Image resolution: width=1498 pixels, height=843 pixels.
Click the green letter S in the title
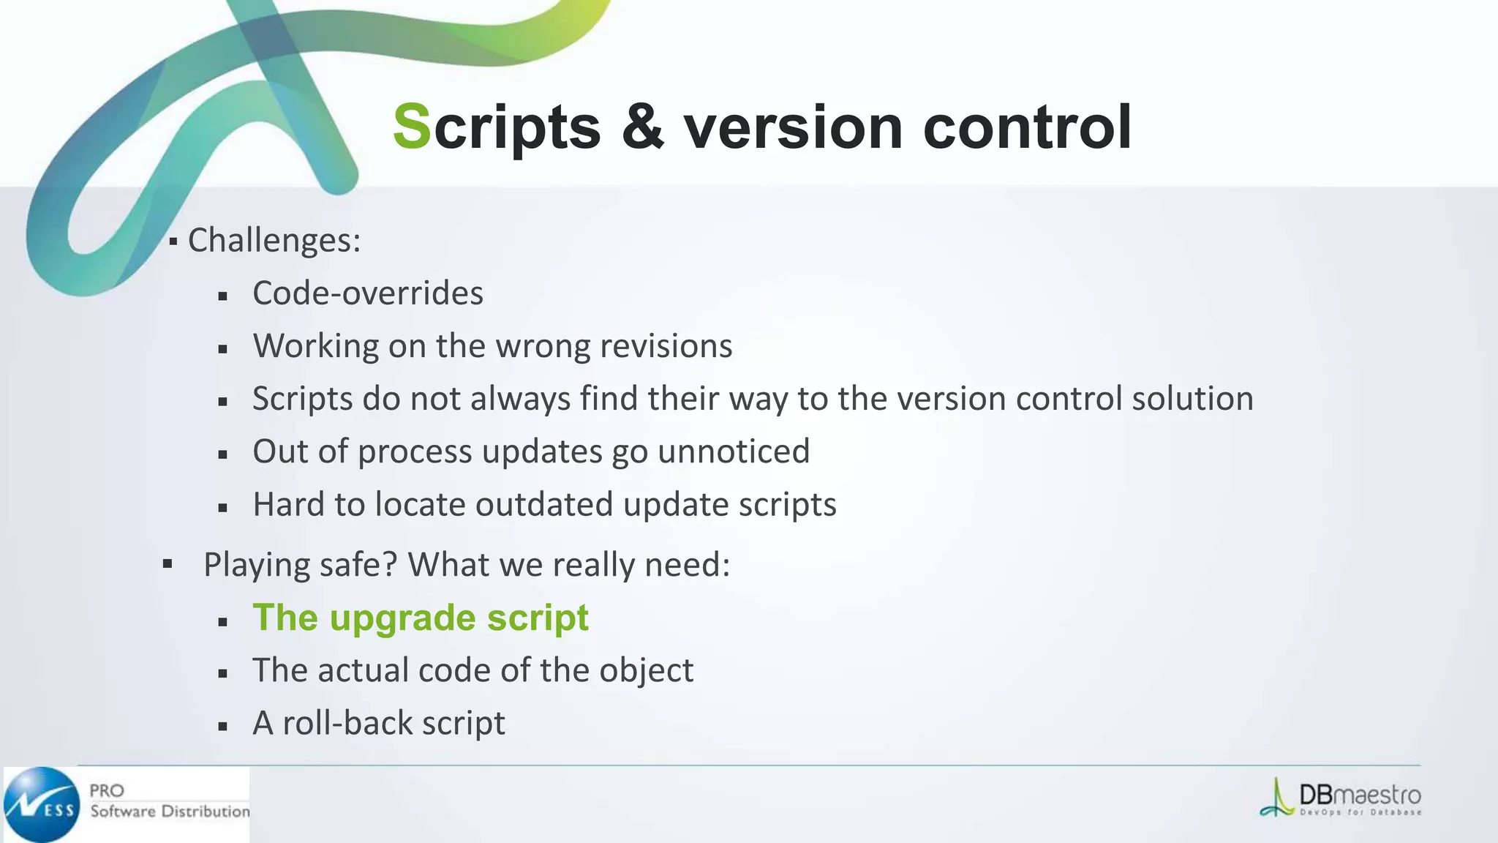(412, 127)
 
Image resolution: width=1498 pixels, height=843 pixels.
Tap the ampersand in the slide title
(643, 127)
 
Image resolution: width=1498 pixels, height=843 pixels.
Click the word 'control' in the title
(1028, 127)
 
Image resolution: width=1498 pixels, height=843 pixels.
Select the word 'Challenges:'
(274, 240)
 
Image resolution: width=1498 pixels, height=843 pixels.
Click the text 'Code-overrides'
(368, 293)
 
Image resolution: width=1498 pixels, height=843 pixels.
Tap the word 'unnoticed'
(734, 452)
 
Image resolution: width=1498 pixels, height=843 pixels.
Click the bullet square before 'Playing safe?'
(168, 564)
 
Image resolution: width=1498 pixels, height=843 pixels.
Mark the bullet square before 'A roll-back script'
(223, 727)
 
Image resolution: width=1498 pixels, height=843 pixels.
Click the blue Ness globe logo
(42, 805)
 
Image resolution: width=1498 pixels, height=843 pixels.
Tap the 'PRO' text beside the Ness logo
(107, 790)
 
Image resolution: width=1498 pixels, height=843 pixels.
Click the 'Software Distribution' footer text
(170, 812)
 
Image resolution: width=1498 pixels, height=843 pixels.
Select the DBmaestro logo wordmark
(1359, 795)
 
